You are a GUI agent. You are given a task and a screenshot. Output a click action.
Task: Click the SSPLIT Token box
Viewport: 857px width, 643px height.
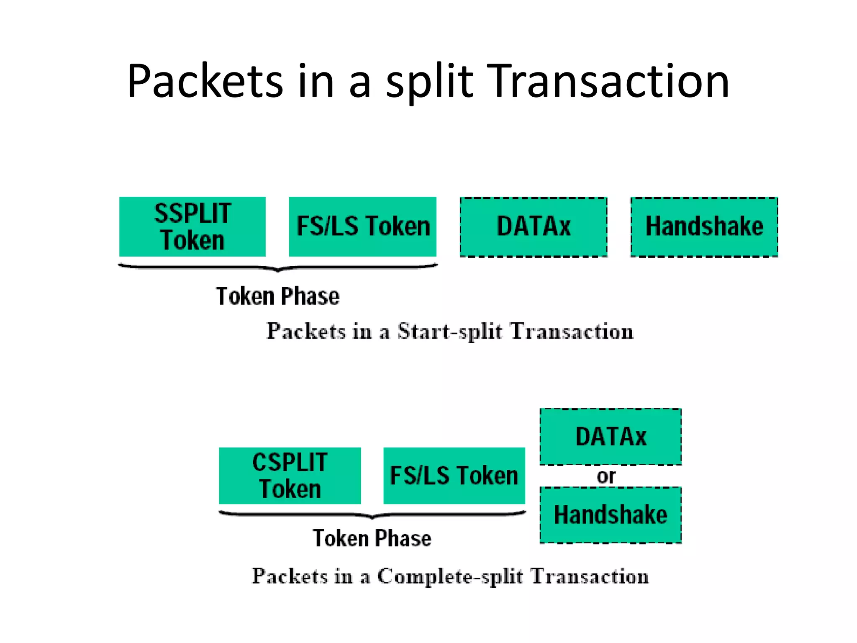(x=192, y=226)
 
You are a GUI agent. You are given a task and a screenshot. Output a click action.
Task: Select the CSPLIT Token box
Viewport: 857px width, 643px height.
(x=290, y=476)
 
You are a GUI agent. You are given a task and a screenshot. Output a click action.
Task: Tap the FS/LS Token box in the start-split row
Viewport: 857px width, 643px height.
(x=362, y=226)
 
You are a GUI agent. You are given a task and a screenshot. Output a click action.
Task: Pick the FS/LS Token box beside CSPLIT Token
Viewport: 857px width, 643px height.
(x=454, y=476)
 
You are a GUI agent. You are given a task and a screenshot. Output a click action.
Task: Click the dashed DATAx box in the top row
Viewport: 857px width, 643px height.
(x=534, y=226)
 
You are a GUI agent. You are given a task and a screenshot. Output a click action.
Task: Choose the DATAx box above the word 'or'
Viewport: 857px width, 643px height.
(x=611, y=437)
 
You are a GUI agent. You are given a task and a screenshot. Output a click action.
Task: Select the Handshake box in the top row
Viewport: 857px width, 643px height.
(x=704, y=226)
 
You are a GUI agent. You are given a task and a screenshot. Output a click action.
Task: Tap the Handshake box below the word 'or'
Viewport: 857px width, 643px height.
(x=611, y=515)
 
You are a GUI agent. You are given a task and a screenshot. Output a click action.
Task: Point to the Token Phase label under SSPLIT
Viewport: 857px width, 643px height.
(x=278, y=296)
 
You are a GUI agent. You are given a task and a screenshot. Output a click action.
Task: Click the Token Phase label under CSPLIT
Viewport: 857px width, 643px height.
(x=372, y=538)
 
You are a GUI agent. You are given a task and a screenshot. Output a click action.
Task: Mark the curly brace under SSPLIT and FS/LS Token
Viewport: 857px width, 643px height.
(x=278, y=267)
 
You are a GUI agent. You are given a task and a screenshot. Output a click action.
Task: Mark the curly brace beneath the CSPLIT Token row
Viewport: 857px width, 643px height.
(x=372, y=514)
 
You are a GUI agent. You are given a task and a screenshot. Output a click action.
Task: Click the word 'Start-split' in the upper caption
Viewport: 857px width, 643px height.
(x=449, y=332)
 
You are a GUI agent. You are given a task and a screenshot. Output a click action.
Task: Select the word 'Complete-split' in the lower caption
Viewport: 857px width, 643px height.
(x=450, y=577)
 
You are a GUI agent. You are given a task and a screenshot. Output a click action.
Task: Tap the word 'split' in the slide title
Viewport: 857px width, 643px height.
(x=429, y=82)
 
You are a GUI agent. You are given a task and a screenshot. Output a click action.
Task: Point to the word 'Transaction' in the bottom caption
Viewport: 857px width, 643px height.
(x=590, y=576)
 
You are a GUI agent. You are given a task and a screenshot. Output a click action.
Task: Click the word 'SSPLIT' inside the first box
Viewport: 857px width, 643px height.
(x=192, y=213)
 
